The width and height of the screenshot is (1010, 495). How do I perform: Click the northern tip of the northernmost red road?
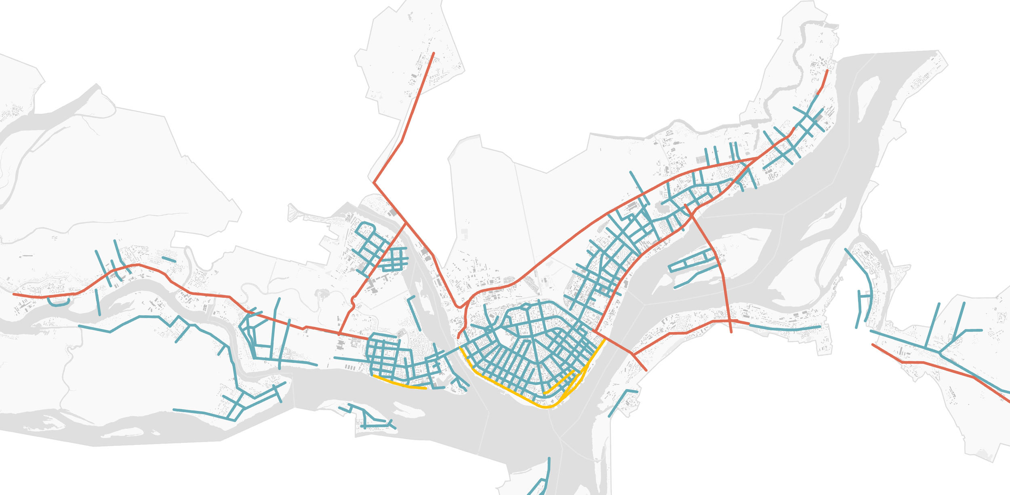(x=433, y=53)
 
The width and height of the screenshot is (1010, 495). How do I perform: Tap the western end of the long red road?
(x=14, y=294)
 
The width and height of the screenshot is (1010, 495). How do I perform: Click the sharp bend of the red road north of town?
(x=374, y=183)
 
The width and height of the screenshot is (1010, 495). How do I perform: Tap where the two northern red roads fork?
(x=406, y=223)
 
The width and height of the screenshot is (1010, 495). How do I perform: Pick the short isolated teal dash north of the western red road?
(x=169, y=259)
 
